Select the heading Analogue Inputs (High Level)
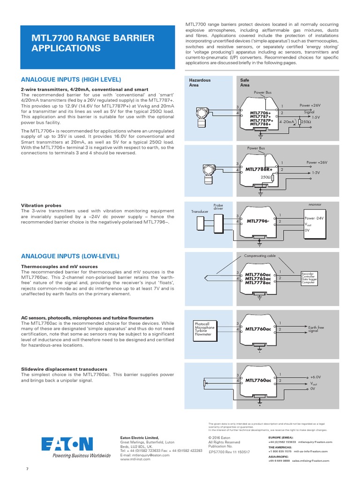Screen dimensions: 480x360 point(71,80)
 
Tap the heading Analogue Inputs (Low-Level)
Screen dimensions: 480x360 point(70,256)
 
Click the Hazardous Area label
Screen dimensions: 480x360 point(200,82)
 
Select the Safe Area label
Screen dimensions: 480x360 point(245,82)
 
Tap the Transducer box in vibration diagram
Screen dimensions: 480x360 point(200,211)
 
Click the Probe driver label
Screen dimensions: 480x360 point(218,207)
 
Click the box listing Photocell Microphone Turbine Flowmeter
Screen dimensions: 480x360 point(204,329)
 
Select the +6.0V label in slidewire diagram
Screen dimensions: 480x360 point(315,377)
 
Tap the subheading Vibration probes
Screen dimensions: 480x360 point(41,205)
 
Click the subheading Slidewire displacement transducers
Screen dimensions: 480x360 point(64,369)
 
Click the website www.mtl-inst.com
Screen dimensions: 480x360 point(135,459)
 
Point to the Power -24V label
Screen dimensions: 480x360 point(314,218)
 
